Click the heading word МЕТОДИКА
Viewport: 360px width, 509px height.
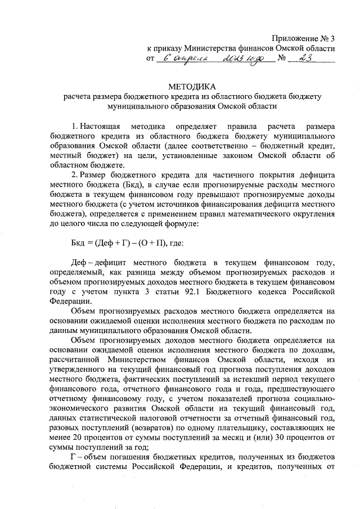point(192,87)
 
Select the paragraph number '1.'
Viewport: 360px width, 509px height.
point(75,123)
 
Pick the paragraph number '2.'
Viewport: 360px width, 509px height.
point(75,174)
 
